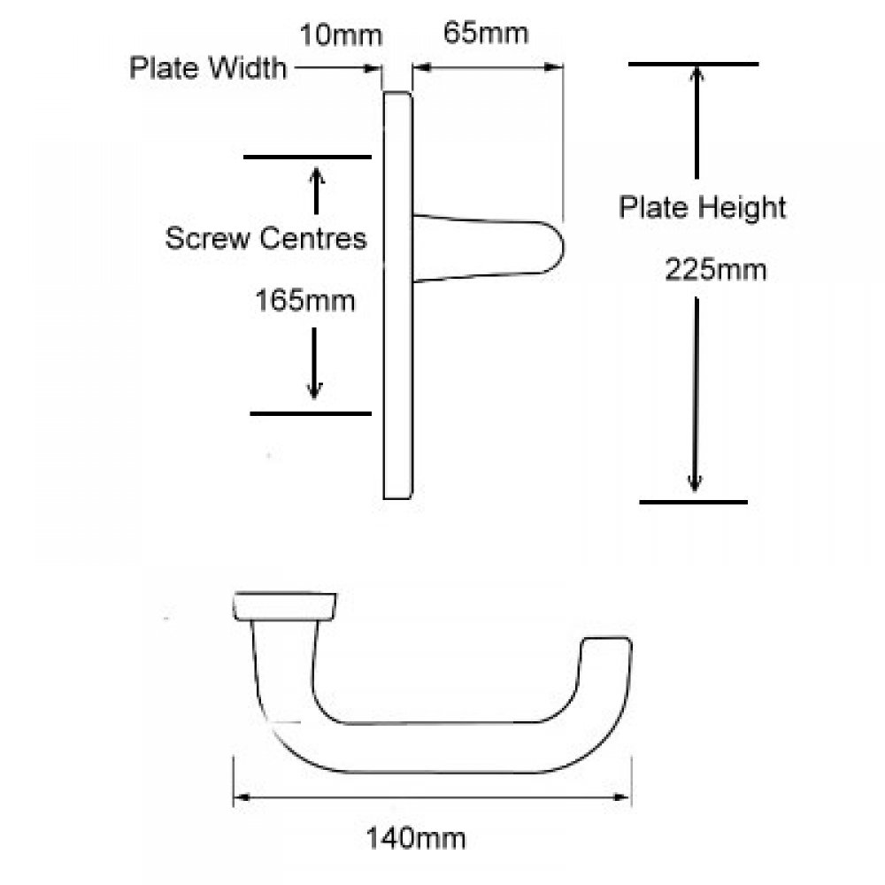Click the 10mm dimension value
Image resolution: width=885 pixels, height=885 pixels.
[341, 36]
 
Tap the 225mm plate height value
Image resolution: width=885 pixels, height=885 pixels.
[716, 270]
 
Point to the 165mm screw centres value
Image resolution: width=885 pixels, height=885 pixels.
[305, 301]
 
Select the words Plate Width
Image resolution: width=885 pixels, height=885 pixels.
[208, 68]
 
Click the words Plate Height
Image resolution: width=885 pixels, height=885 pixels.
[702, 208]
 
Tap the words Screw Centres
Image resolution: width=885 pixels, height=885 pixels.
[266, 238]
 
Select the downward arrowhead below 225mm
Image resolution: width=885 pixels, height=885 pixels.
[696, 482]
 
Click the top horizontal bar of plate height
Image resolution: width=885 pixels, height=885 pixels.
[693, 64]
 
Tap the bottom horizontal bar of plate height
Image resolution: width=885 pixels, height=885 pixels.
[693, 502]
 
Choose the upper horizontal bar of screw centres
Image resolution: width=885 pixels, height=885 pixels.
[307, 158]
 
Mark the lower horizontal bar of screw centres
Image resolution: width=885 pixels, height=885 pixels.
[311, 413]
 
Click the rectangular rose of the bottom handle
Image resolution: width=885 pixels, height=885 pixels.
[284, 606]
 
